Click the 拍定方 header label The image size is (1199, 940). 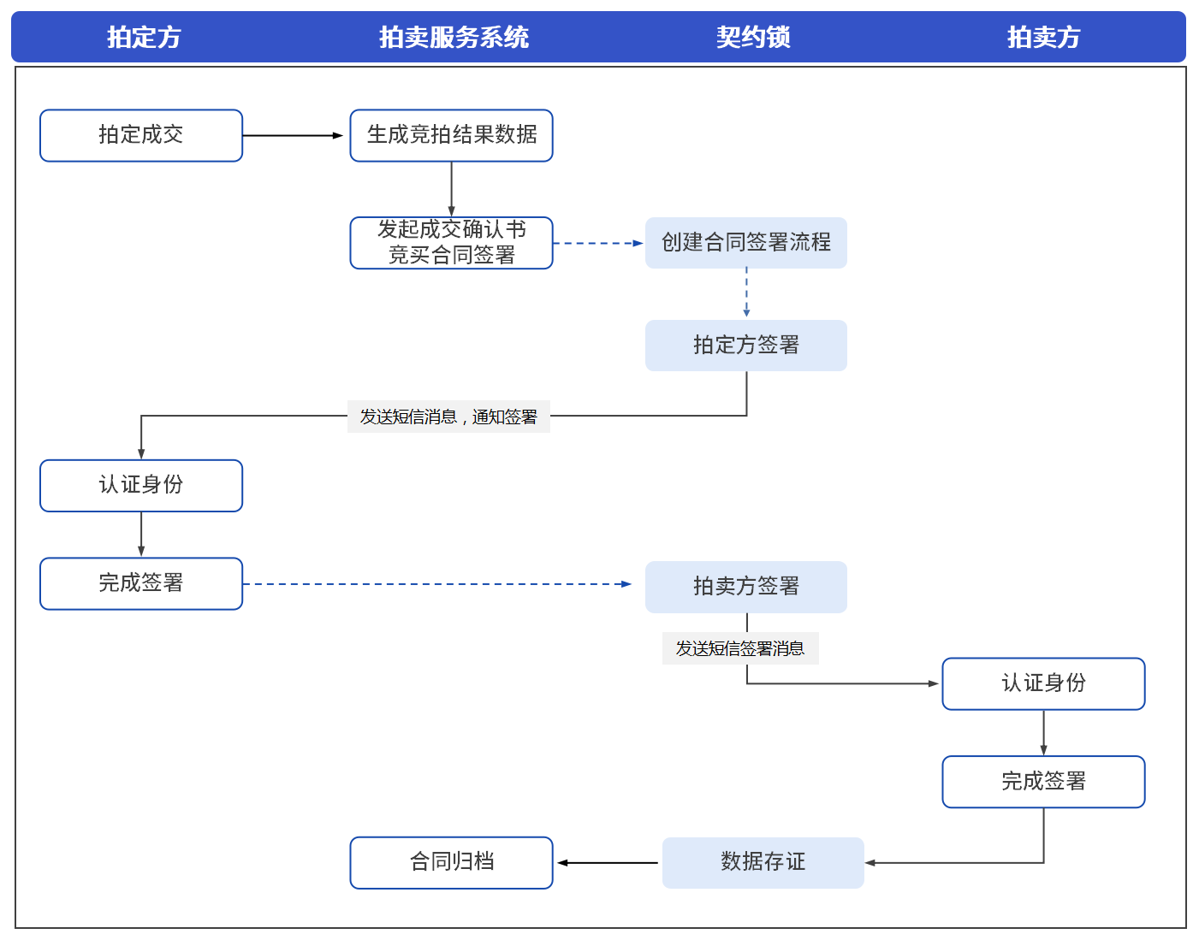click(144, 37)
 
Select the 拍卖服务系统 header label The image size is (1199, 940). click(454, 37)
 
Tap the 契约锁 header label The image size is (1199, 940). click(753, 37)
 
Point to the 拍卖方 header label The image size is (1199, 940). click(1043, 37)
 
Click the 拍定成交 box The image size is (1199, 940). click(141, 135)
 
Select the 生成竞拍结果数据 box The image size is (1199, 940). click(451, 135)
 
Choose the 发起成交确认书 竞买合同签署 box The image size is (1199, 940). click(451, 243)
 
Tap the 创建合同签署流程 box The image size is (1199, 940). click(745, 243)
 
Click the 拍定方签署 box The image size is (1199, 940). click(745, 346)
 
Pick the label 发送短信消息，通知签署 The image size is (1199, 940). click(448, 417)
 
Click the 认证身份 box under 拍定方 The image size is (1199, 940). click(141, 486)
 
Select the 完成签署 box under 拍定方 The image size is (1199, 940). click(141, 583)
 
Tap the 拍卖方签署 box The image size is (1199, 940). click(745, 587)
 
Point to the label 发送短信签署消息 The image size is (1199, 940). click(740, 648)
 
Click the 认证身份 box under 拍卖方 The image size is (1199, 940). click(1043, 683)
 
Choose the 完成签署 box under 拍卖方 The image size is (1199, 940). click(1043, 782)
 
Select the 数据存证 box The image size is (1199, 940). click(763, 862)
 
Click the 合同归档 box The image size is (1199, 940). click(451, 862)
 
